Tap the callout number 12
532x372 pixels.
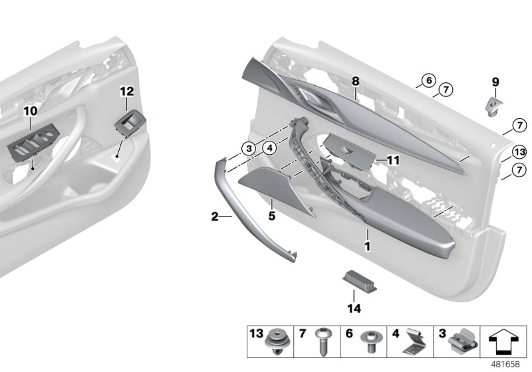click(x=126, y=90)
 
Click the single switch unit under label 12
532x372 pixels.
click(x=128, y=123)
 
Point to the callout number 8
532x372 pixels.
click(x=356, y=81)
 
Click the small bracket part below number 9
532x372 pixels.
click(x=493, y=104)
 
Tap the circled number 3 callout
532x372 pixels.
click(x=247, y=148)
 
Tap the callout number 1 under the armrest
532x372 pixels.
click(x=366, y=246)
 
